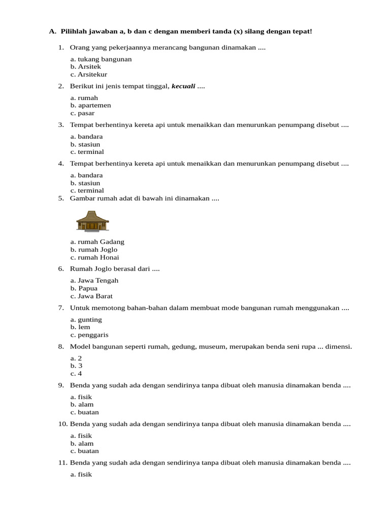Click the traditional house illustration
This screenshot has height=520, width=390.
pyautogui.click(x=92, y=221)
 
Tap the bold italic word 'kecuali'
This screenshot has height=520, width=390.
pyautogui.click(x=183, y=86)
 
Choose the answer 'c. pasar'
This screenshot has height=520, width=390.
pyautogui.click(x=82, y=113)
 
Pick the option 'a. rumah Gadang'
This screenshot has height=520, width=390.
pyautogui.click(x=97, y=242)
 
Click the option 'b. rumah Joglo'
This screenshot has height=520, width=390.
pyautogui.click(x=94, y=249)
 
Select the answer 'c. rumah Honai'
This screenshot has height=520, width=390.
pyautogui.click(x=95, y=257)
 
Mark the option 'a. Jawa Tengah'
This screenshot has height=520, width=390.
pyautogui.click(x=94, y=280)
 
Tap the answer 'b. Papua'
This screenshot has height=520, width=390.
pyautogui.click(x=84, y=288)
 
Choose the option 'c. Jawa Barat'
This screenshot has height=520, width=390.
pyautogui.click(x=91, y=296)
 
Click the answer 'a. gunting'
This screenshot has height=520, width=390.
pyautogui.click(x=86, y=319)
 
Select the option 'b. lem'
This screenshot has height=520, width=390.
pyautogui.click(x=80, y=327)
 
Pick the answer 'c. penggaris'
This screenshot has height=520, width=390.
pyautogui.click(x=89, y=335)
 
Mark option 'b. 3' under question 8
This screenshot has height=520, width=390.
pyautogui.click(x=77, y=366)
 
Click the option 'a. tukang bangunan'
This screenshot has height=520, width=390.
pyautogui.click(x=101, y=59)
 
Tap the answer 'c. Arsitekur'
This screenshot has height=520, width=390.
pyautogui.click(x=89, y=74)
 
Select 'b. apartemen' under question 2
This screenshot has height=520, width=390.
pyautogui.click(x=91, y=105)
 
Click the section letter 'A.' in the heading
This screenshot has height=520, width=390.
pyautogui.click(x=52, y=31)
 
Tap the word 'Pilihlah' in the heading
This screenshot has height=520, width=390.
pyautogui.click(x=74, y=31)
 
